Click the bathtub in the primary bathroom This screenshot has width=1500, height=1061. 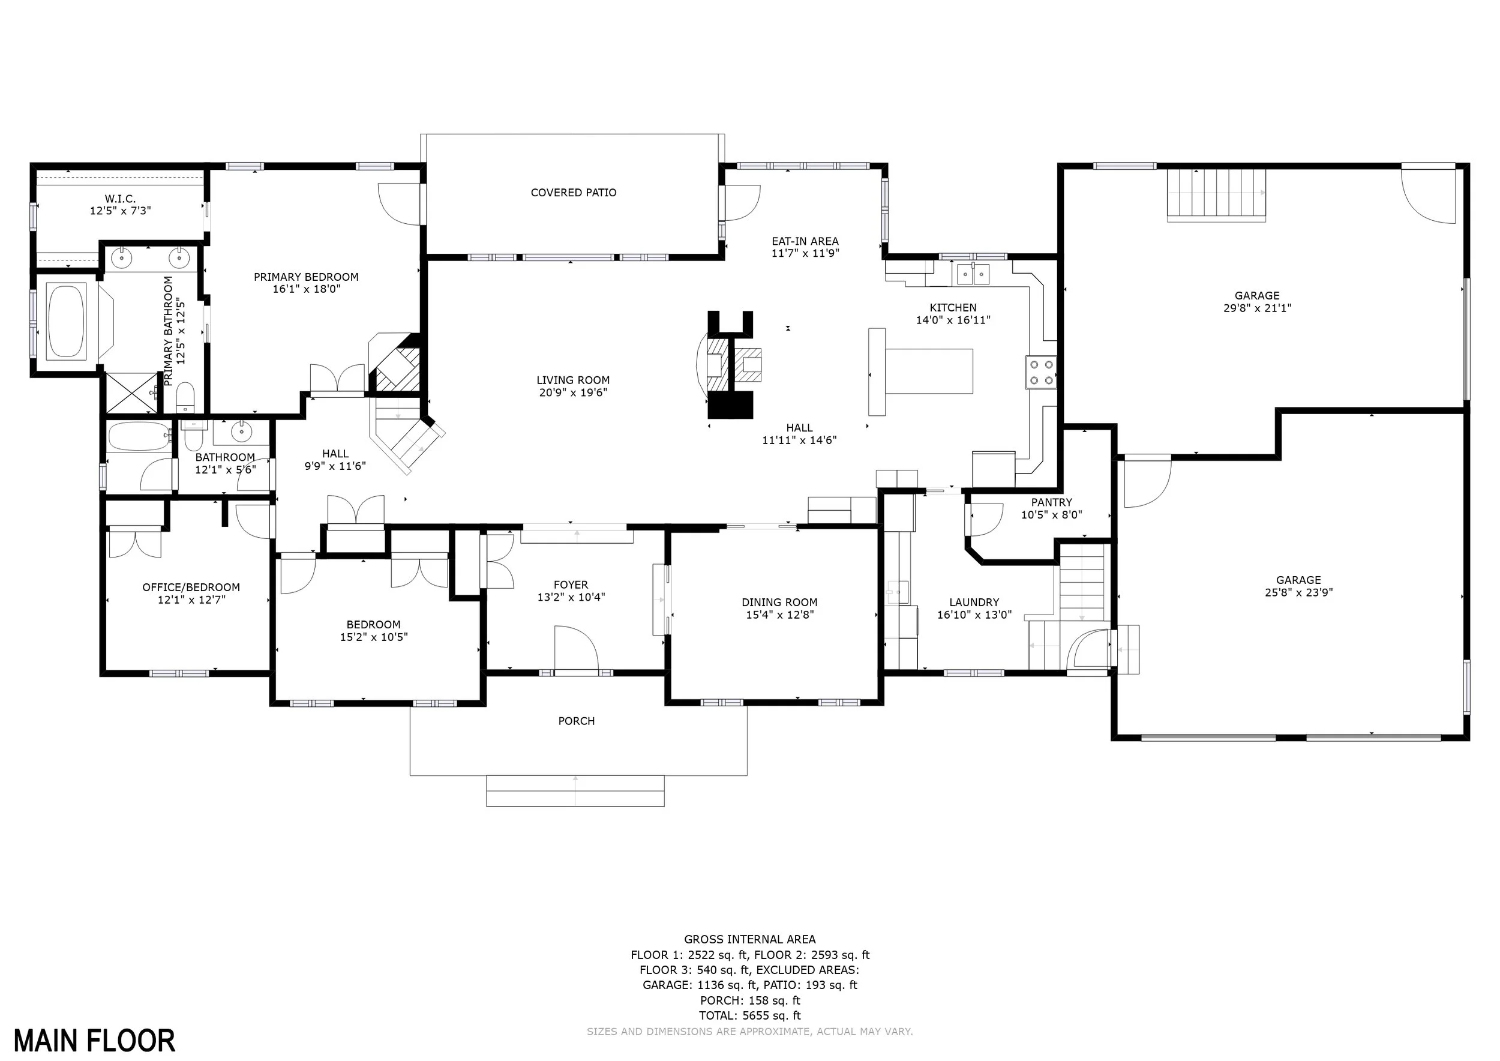[x=66, y=319]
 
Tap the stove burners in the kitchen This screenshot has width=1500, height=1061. [x=1041, y=373]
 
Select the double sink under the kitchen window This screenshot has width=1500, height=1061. [x=973, y=274]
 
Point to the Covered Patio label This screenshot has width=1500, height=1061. [x=574, y=193]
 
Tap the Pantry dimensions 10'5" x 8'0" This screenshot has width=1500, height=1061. [x=1052, y=515]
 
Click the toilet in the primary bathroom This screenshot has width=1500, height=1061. [x=186, y=398]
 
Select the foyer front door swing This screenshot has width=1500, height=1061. [x=576, y=648]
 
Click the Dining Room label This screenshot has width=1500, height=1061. [x=779, y=603]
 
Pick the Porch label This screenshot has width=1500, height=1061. [x=576, y=721]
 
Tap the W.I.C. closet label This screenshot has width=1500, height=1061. [x=120, y=199]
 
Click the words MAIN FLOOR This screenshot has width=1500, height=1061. [x=95, y=1041]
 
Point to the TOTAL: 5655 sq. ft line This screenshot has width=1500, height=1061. [x=750, y=1016]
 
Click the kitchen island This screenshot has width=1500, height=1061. [x=920, y=371]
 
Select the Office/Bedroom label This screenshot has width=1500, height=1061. [x=191, y=588]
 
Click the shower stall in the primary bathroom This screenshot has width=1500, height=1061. [x=132, y=392]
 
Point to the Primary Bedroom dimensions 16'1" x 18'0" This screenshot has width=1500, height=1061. [x=307, y=289]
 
